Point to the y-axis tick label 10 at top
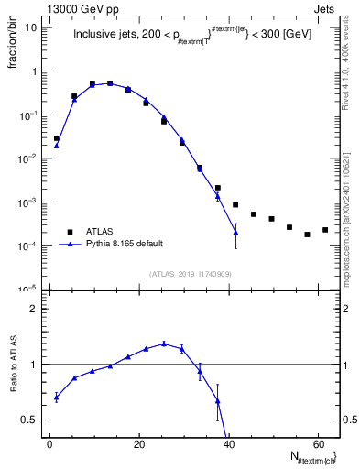31,27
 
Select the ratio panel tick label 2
34,309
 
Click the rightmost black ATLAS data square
325,230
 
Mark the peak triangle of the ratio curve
164,344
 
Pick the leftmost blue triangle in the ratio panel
57,397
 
